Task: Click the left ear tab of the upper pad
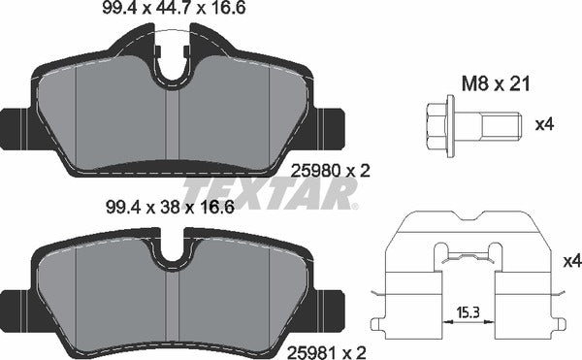click(15, 124)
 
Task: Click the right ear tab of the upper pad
click(332, 124)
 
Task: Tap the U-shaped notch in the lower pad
click(173, 254)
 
